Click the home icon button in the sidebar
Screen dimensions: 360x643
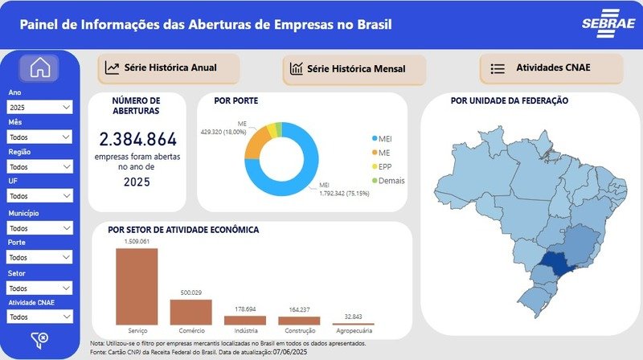tap(40, 69)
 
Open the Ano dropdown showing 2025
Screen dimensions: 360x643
tap(40, 107)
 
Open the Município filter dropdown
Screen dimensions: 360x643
tap(40, 228)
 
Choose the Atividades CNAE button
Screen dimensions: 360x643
tap(551, 68)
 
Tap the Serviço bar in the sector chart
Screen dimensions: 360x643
tap(137, 286)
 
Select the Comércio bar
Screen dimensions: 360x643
tap(190, 312)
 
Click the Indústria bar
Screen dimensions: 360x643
tap(245, 320)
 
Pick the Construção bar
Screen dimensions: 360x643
tap(299, 320)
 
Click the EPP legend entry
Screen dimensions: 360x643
tap(385, 166)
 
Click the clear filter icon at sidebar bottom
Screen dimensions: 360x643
tap(39, 339)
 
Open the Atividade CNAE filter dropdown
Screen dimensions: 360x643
tap(40, 317)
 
